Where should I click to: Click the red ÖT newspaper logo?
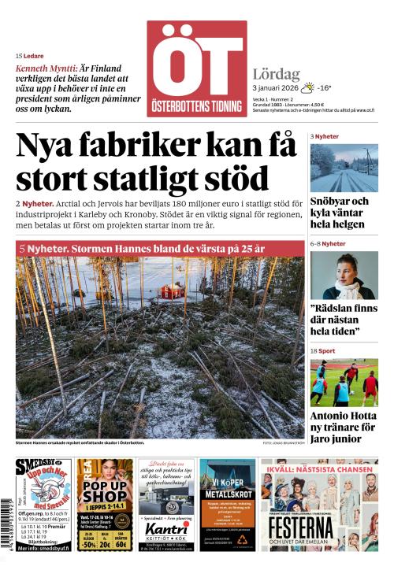point(196,68)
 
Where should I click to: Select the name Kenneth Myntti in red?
point(46,68)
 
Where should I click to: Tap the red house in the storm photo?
point(169,292)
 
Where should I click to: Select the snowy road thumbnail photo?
point(343,168)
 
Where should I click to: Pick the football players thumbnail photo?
point(343,383)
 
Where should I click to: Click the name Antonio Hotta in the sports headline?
point(340,416)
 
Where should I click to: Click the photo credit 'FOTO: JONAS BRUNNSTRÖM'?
point(273,443)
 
